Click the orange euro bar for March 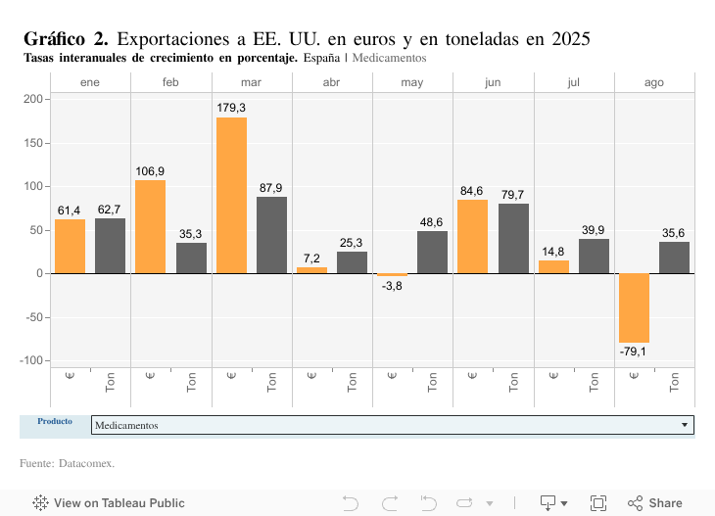click(231, 195)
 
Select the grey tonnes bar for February click(191, 258)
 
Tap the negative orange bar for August click(634, 307)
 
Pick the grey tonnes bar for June click(513, 238)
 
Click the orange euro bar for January click(70, 246)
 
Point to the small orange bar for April click(311, 269)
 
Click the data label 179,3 click(231, 108)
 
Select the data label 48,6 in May click(432, 222)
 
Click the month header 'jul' click(573, 83)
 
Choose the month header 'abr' click(332, 83)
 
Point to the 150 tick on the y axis click(33, 143)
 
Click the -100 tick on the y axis click(29, 360)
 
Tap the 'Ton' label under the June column click(513, 383)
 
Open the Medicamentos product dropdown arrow click(684, 425)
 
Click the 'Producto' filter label click(55, 421)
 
